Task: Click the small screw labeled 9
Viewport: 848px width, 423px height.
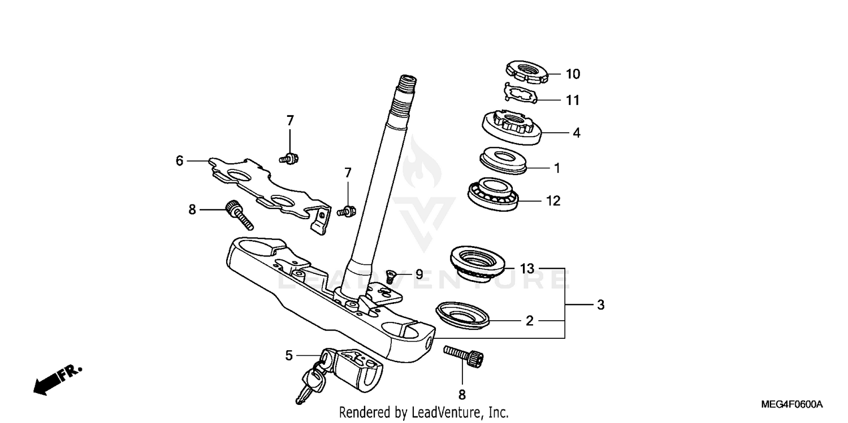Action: (x=390, y=276)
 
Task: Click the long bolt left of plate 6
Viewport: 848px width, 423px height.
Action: (x=239, y=215)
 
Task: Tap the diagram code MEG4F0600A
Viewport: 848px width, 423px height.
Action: (x=791, y=405)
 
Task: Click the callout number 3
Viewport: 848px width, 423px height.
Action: (x=600, y=305)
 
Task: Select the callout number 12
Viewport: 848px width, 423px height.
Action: (x=553, y=200)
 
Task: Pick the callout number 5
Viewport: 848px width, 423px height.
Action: (x=289, y=355)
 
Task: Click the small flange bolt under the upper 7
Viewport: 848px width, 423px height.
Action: (x=291, y=159)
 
